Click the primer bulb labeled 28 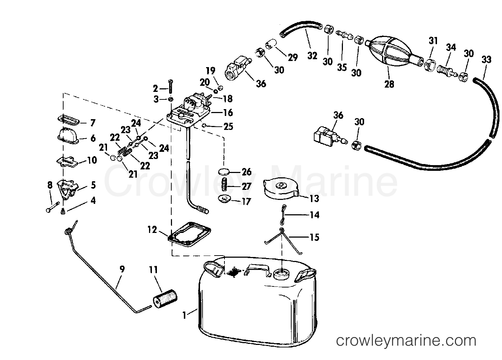(390, 51)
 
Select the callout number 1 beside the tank (184, 315)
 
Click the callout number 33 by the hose (486, 59)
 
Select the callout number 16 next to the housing (228, 112)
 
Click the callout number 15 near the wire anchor (314, 237)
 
